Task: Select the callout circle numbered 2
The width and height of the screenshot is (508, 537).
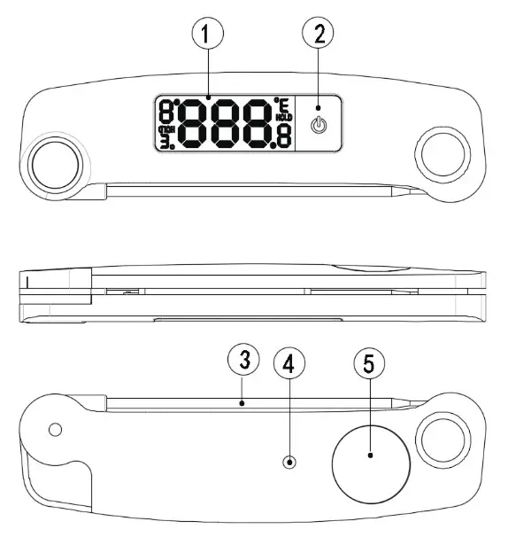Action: pos(319,36)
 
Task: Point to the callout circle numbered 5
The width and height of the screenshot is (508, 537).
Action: pos(370,364)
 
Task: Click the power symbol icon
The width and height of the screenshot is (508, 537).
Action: pos(319,124)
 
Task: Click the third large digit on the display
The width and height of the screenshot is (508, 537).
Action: pos(257,123)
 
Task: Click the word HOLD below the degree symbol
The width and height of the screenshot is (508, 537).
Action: pos(283,117)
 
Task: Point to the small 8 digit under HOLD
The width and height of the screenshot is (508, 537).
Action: pos(283,136)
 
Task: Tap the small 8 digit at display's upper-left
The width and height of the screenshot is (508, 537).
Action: pos(165,112)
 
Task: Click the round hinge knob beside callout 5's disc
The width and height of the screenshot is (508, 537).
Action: pos(443,439)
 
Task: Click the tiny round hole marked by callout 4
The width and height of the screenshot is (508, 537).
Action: pos(290,462)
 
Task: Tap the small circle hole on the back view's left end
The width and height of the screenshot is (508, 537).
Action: pos(56,431)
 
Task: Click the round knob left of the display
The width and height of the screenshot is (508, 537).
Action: pos(56,164)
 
